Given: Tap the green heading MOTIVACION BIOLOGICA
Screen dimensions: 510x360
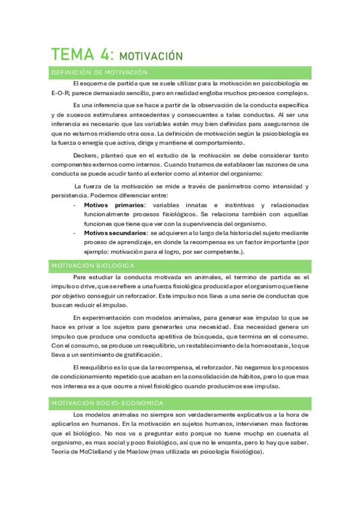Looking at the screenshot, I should [x=93, y=265].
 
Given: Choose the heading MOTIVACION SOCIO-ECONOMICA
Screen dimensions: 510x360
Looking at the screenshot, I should [x=108, y=402].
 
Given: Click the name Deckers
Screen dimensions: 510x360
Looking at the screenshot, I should [x=85, y=155].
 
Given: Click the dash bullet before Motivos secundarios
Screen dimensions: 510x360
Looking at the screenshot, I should [x=74, y=233].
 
